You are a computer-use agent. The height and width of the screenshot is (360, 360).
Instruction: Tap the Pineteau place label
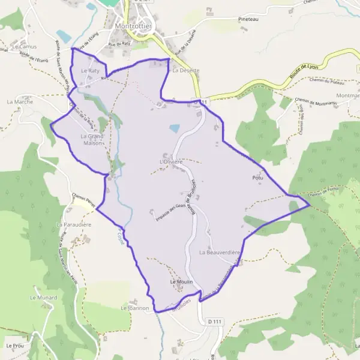[248, 19]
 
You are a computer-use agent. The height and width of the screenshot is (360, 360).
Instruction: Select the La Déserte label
[185, 70]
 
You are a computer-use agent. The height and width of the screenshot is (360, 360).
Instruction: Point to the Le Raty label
[90, 70]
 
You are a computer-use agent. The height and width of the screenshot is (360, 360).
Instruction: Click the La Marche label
[20, 102]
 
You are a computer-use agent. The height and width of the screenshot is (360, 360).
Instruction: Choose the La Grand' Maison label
[92, 140]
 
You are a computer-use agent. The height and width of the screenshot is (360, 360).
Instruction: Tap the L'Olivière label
[170, 162]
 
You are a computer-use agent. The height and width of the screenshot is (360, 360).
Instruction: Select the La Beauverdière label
[219, 253]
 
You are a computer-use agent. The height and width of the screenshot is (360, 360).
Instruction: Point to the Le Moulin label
[181, 281]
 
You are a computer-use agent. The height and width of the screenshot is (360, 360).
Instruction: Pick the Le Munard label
[42, 297]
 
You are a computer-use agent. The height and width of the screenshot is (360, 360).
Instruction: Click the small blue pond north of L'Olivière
[174, 128]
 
